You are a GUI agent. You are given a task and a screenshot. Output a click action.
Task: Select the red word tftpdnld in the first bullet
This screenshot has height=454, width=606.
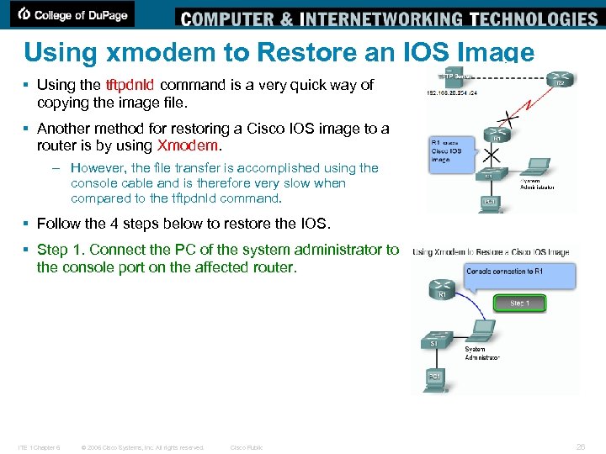pyautogui.click(x=130, y=85)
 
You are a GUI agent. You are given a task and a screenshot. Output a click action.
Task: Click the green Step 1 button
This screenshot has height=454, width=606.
pyautogui.click(x=520, y=303)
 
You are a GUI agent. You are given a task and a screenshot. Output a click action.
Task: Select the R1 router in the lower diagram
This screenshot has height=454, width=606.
pyautogui.click(x=440, y=293)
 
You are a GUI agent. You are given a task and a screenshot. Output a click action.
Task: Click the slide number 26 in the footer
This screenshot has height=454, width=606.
pyautogui.click(x=580, y=447)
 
